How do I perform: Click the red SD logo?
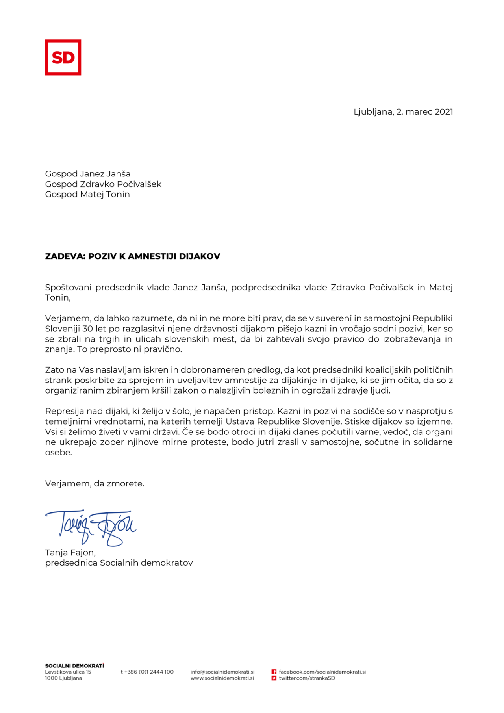pos(63,58)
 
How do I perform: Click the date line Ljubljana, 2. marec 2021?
pos(403,112)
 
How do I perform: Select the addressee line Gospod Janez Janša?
pos(88,174)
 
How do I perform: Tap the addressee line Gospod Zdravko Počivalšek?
pos(103,184)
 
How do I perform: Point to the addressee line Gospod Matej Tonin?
pos(87,194)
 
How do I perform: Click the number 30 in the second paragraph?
pos(87,329)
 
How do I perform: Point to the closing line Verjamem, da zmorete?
pos(94,483)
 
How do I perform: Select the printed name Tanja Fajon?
pos(70,553)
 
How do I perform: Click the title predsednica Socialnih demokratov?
pos(119,563)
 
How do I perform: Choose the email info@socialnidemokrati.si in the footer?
pos(222,672)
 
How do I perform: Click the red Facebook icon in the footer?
pos(274,672)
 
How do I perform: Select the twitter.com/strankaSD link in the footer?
pos(307,678)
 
